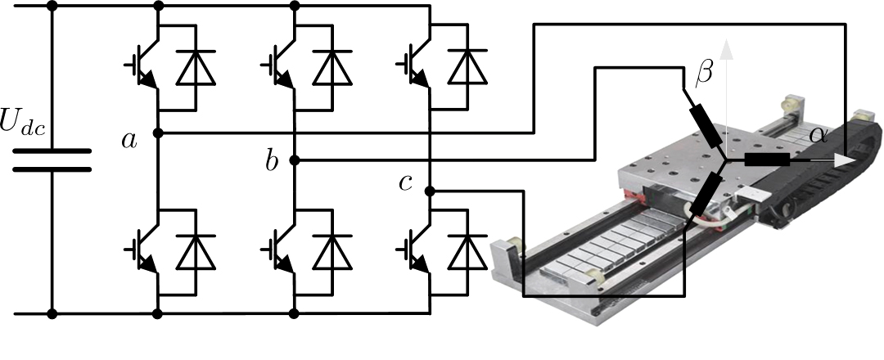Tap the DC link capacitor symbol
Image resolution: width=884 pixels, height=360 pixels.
[x=52, y=160]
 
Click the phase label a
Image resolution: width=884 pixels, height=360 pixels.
[x=129, y=141]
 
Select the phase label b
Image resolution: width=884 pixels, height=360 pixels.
[x=272, y=162]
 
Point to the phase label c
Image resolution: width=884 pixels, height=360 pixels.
[x=405, y=183]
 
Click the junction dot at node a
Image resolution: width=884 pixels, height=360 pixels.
[x=158, y=132]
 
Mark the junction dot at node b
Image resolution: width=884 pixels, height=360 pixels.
[x=295, y=160]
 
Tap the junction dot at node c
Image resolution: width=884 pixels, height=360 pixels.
[x=430, y=191]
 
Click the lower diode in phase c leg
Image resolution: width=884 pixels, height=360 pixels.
[x=467, y=251]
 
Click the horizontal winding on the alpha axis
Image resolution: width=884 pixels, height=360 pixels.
[x=766, y=160]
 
